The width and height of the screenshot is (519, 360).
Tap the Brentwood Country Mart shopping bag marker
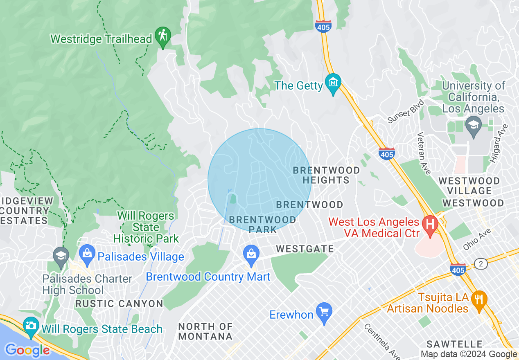(251, 254)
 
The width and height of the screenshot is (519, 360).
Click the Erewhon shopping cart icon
(324, 312)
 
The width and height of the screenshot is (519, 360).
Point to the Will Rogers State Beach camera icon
(31, 326)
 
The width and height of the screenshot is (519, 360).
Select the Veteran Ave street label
(424, 153)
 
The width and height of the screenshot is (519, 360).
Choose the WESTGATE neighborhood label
(305, 249)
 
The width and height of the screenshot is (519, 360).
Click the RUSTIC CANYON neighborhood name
(119, 304)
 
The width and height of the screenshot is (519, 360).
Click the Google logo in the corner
(27, 350)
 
